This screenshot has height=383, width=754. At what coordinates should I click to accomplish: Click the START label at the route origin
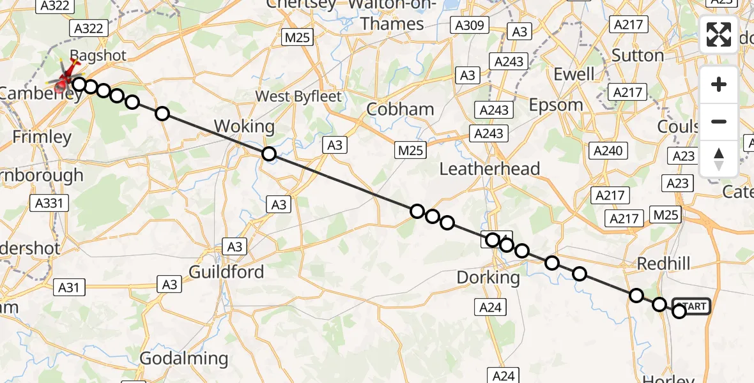(691, 306)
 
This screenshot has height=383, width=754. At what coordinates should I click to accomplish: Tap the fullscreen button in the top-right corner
(719, 34)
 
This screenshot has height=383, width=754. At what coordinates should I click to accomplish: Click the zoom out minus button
(719, 121)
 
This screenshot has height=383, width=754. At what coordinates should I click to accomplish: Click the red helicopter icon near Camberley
(65, 80)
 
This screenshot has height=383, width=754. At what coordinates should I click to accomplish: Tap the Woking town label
(245, 125)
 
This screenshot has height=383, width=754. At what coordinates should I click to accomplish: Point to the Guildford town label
(226, 272)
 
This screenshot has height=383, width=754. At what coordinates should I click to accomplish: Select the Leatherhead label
(490, 169)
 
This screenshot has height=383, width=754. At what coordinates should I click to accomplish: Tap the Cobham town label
(401, 109)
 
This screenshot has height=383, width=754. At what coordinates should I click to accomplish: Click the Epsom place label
(556, 105)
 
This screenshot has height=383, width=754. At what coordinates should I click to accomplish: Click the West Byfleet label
(299, 96)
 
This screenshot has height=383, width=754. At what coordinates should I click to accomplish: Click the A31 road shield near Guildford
(68, 287)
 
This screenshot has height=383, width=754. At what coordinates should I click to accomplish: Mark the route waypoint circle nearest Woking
(269, 154)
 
